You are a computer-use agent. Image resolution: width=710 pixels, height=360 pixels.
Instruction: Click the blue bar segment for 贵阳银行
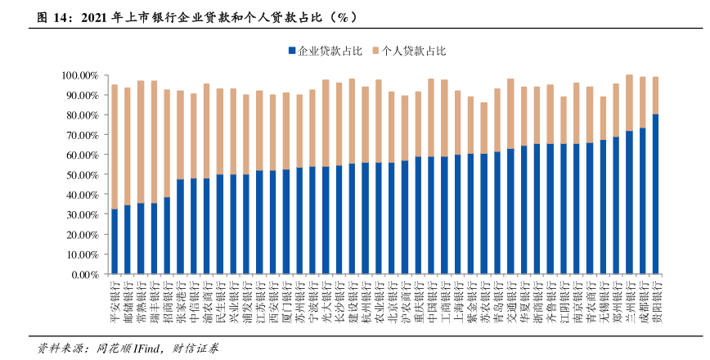655,193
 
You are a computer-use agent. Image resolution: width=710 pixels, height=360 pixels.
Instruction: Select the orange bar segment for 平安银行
115,146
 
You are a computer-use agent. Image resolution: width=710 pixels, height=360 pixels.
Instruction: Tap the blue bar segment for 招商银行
167,235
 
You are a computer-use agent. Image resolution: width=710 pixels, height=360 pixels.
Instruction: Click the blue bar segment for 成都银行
642,200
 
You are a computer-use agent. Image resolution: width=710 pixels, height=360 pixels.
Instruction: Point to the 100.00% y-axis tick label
79,75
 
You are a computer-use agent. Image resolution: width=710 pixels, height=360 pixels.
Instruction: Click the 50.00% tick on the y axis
82,175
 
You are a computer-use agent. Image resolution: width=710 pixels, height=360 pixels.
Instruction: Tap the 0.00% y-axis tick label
84,275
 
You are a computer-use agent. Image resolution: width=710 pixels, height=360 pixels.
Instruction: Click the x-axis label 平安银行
115,296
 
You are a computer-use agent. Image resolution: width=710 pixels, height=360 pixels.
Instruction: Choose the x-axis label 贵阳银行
655,296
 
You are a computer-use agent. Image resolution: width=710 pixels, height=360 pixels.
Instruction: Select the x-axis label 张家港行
180,296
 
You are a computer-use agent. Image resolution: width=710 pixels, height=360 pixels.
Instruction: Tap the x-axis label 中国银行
431,296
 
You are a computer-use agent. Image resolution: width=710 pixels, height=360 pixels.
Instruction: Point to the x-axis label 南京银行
577,296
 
